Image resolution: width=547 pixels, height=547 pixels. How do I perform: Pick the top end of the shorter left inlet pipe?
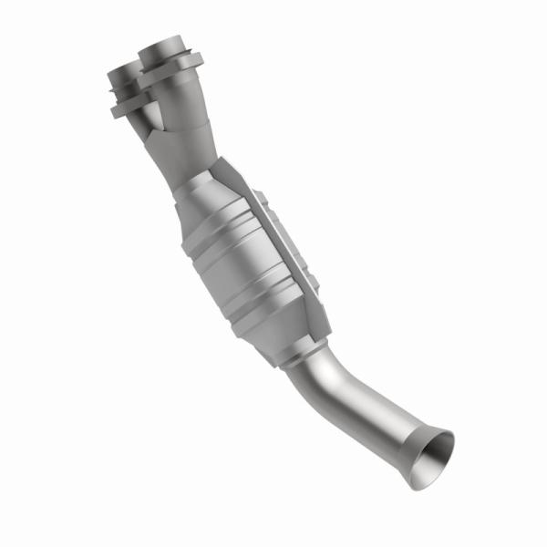click(x=122, y=70)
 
